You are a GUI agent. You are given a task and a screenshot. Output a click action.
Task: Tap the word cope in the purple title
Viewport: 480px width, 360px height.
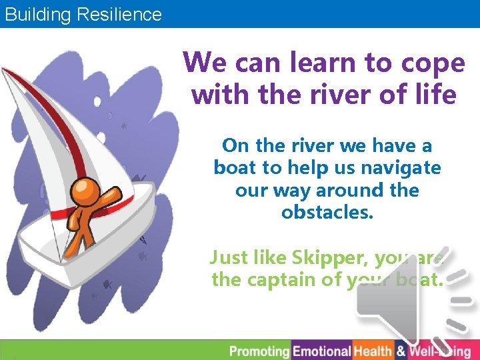(x=433, y=63)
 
